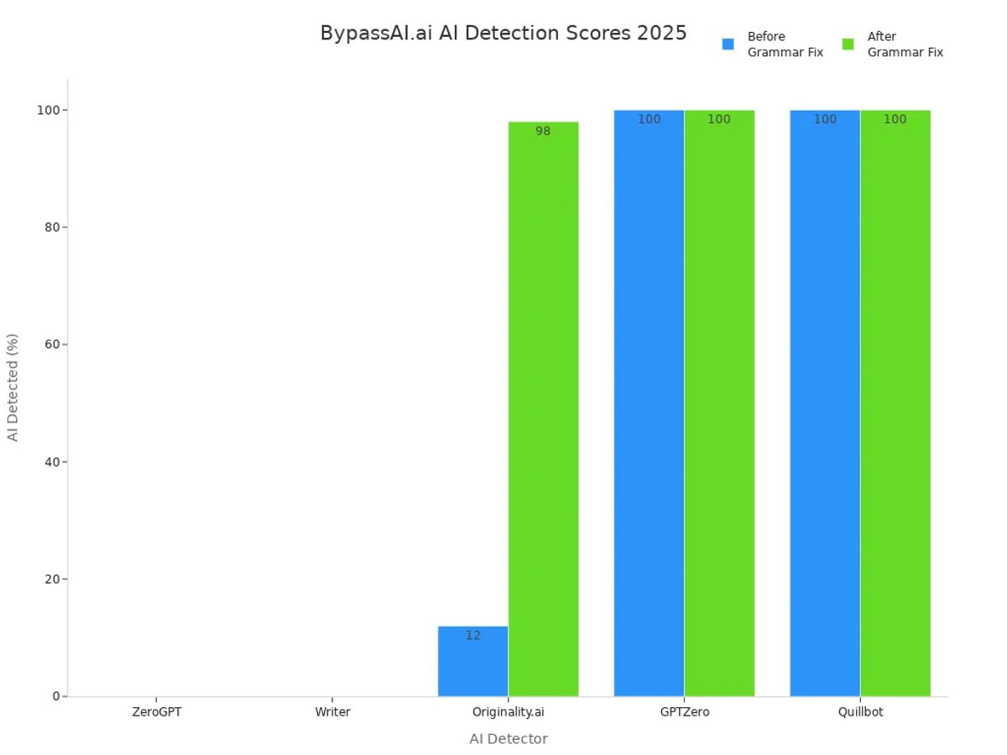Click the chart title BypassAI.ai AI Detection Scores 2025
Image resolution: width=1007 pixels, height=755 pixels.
(x=503, y=34)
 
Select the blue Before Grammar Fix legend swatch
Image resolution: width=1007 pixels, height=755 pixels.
(x=728, y=44)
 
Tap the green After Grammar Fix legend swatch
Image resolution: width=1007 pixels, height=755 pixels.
(x=848, y=44)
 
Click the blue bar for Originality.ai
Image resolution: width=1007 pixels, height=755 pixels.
(x=472, y=663)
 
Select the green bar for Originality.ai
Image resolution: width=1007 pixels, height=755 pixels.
(x=543, y=411)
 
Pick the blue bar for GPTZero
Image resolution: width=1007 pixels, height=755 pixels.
(x=649, y=403)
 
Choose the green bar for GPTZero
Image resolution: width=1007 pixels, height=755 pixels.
(x=719, y=403)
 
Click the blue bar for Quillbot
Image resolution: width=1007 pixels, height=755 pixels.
(x=825, y=403)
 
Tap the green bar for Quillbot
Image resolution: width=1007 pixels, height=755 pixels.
(x=895, y=403)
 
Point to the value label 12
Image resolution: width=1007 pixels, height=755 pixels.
(x=473, y=636)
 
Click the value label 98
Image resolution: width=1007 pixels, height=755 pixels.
(x=543, y=132)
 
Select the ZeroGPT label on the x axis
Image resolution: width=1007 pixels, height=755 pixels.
(x=156, y=712)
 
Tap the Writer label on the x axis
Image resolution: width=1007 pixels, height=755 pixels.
(x=332, y=712)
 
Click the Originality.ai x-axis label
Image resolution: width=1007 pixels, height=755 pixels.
(x=508, y=712)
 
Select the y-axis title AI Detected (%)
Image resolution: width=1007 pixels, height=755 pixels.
(x=13, y=388)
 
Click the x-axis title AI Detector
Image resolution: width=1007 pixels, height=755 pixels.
(x=508, y=739)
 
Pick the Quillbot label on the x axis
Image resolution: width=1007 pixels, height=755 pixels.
(x=860, y=712)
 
